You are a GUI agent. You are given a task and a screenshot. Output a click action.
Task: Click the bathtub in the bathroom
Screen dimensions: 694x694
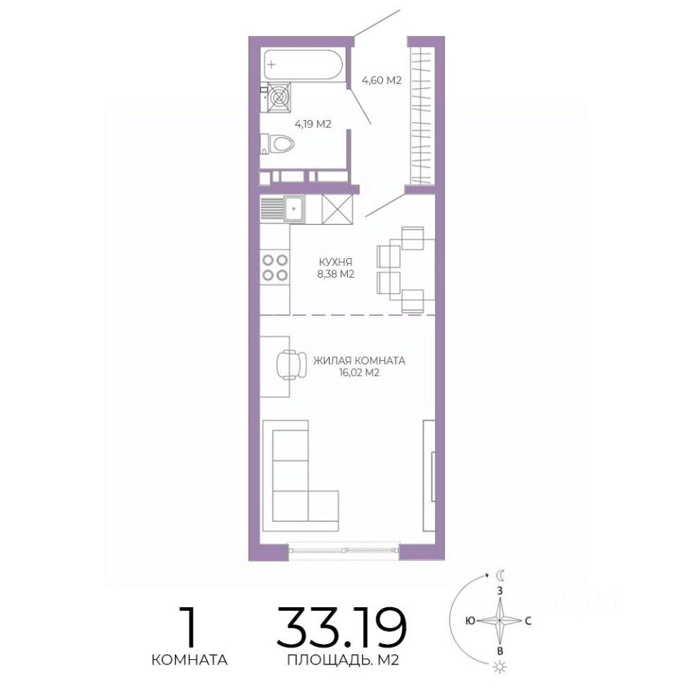303,64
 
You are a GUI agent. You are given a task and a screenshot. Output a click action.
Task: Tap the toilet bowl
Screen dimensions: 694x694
280,143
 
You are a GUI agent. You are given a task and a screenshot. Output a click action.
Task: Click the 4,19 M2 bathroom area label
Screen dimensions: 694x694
313,124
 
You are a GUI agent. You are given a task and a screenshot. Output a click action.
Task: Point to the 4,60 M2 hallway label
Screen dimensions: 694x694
382,80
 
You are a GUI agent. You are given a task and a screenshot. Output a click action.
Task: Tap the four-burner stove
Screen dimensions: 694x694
275,267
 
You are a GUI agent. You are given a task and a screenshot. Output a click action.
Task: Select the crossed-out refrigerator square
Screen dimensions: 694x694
338,210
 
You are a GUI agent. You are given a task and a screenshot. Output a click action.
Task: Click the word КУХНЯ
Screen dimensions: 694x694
335,262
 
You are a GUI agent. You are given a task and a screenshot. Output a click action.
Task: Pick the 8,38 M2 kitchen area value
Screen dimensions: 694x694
335,275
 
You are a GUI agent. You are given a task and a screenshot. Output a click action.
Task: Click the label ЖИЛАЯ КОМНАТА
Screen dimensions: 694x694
359,361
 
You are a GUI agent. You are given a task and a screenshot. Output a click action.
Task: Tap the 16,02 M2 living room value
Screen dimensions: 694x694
359,373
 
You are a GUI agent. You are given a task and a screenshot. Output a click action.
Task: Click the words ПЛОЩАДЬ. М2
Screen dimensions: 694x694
343,660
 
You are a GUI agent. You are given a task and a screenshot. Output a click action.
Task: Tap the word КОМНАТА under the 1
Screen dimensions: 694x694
189,660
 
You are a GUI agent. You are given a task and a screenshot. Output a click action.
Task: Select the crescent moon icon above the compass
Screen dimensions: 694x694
500,576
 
